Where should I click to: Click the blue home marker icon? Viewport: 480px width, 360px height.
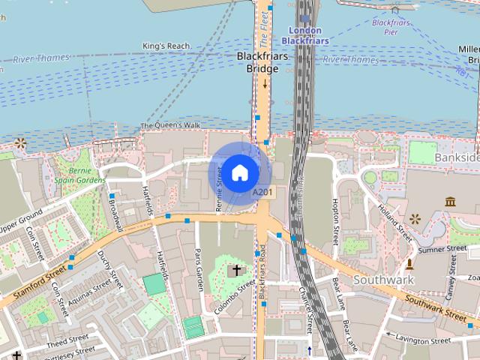point(239,173)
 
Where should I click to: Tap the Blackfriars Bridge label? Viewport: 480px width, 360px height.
point(257,62)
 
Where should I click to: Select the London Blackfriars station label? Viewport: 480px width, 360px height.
point(305,35)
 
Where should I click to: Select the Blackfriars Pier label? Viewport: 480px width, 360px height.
point(391,27)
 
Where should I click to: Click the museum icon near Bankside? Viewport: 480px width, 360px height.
point(451,202)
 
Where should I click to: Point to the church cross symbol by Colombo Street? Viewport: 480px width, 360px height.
point(237,270)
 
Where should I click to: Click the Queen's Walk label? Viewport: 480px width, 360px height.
point(170,125)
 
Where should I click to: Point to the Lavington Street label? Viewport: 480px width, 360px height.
point(422,340)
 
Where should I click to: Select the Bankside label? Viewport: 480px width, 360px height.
point(457,157)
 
